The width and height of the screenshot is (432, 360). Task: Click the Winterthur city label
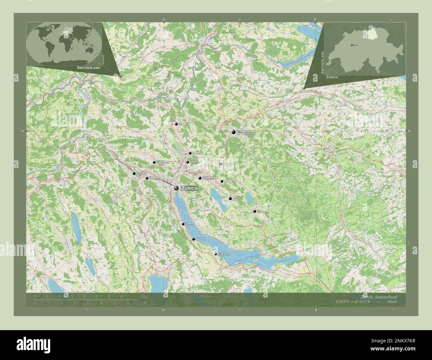246,132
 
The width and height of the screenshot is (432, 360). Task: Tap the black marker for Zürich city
176,188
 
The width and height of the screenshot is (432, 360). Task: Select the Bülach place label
183,124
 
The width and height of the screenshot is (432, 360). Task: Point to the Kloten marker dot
190,153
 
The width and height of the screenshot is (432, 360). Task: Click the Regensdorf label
163,162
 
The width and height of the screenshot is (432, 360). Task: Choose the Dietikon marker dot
134,174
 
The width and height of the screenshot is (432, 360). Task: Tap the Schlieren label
155,178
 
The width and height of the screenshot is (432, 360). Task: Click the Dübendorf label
209,178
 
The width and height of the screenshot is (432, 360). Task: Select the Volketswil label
230,181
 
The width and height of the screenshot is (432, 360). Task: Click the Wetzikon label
263,212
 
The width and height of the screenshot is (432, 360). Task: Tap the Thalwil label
190,224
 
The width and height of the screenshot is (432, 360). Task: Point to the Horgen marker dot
193,239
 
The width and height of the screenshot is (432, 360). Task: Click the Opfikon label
194,162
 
